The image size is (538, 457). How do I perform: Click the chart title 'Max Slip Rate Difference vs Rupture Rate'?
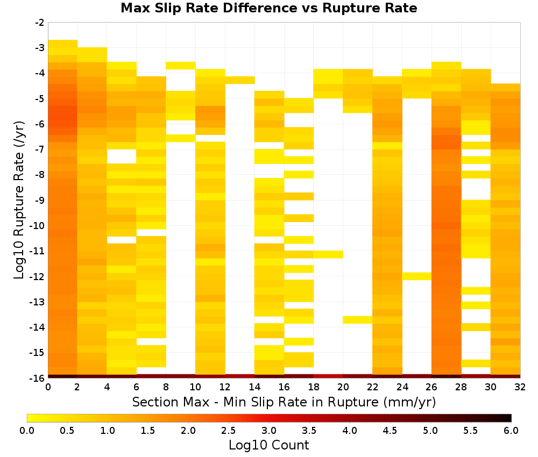coord(268,8)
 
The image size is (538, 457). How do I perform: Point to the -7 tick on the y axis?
coord(40,149)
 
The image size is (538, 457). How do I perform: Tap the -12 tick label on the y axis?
coord(38,277)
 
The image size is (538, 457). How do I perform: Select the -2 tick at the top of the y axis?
coord(40,23)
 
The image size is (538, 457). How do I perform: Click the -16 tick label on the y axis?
coord(38,378)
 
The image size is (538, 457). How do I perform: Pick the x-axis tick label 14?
coord(254,387)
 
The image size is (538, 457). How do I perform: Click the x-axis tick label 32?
coord(520,387)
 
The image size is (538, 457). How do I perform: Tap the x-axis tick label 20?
coord(343,387)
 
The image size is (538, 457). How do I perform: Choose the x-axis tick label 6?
coord(136,387)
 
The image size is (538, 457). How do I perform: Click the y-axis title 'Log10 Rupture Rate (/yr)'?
coord(19,200)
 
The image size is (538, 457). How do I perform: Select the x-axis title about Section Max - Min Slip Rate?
coord(284,402)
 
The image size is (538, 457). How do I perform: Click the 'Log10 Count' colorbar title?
coord(268,445)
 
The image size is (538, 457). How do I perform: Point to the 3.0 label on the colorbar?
coord(268,430)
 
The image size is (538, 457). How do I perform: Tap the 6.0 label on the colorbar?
coord(511,430)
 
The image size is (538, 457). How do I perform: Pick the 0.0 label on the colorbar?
coord(27,430)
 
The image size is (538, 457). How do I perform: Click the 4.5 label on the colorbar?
coord(390,430)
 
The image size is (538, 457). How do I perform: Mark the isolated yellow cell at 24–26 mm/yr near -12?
coord(416,276)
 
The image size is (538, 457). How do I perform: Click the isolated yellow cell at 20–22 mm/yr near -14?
coord(358,319)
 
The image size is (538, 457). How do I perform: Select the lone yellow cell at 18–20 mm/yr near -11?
coord(328,254)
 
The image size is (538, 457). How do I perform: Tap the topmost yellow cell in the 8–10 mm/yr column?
coord(180,66)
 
